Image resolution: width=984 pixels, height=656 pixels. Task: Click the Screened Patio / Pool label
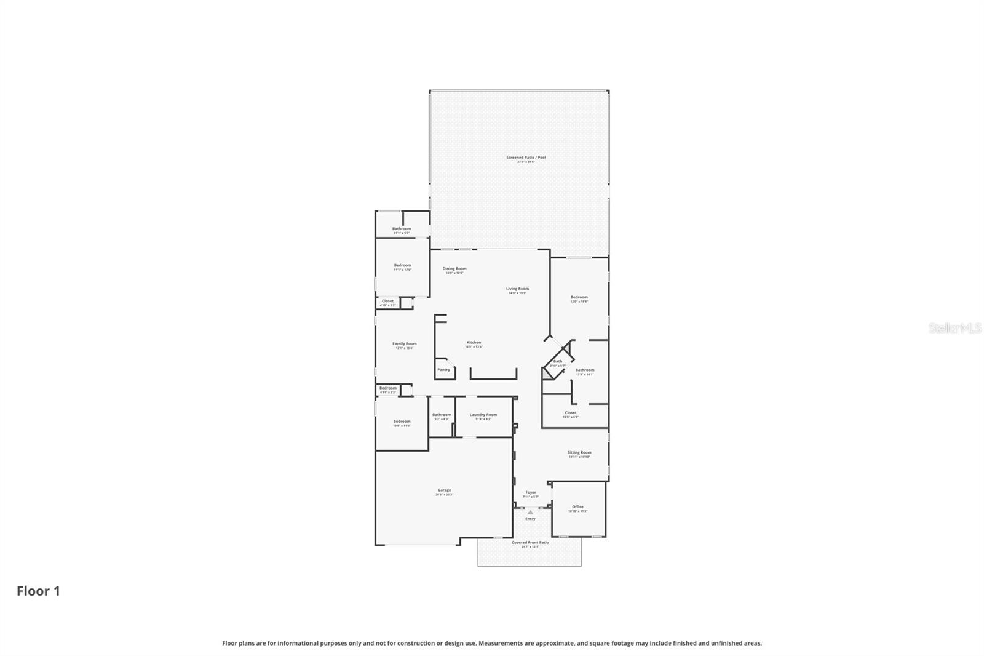coord(526,158)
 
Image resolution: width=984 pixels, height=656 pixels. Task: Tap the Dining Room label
coord(454,268)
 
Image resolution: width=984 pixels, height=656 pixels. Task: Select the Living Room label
coord(517,289)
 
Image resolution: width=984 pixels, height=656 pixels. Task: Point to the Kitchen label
coord(474,342)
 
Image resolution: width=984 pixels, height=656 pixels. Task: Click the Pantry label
coord(443,370)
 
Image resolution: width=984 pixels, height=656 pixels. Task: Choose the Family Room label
coord(404,344)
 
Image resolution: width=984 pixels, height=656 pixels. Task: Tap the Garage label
coord(444,490)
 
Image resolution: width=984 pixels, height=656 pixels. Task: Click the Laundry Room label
coord(483,415)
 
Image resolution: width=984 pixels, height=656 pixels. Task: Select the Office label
coord(577,507)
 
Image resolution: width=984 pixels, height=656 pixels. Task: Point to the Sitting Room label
coord(579,452)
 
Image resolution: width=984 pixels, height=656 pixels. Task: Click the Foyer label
coord(530,492)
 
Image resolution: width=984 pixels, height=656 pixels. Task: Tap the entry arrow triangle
coord(530,512)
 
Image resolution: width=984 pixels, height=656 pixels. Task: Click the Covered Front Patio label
coord(530,543)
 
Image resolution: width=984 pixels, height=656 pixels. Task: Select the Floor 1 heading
coord(38,591)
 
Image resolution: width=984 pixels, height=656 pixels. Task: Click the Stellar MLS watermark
coord(954,329)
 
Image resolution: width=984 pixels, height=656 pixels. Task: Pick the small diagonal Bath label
coord(558,362)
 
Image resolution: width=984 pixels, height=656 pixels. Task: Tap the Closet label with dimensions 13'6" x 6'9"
coord(571,413)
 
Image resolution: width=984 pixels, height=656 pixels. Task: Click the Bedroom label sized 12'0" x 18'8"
coord(579,297)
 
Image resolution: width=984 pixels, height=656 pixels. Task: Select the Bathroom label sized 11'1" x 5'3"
coord(402,229)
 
